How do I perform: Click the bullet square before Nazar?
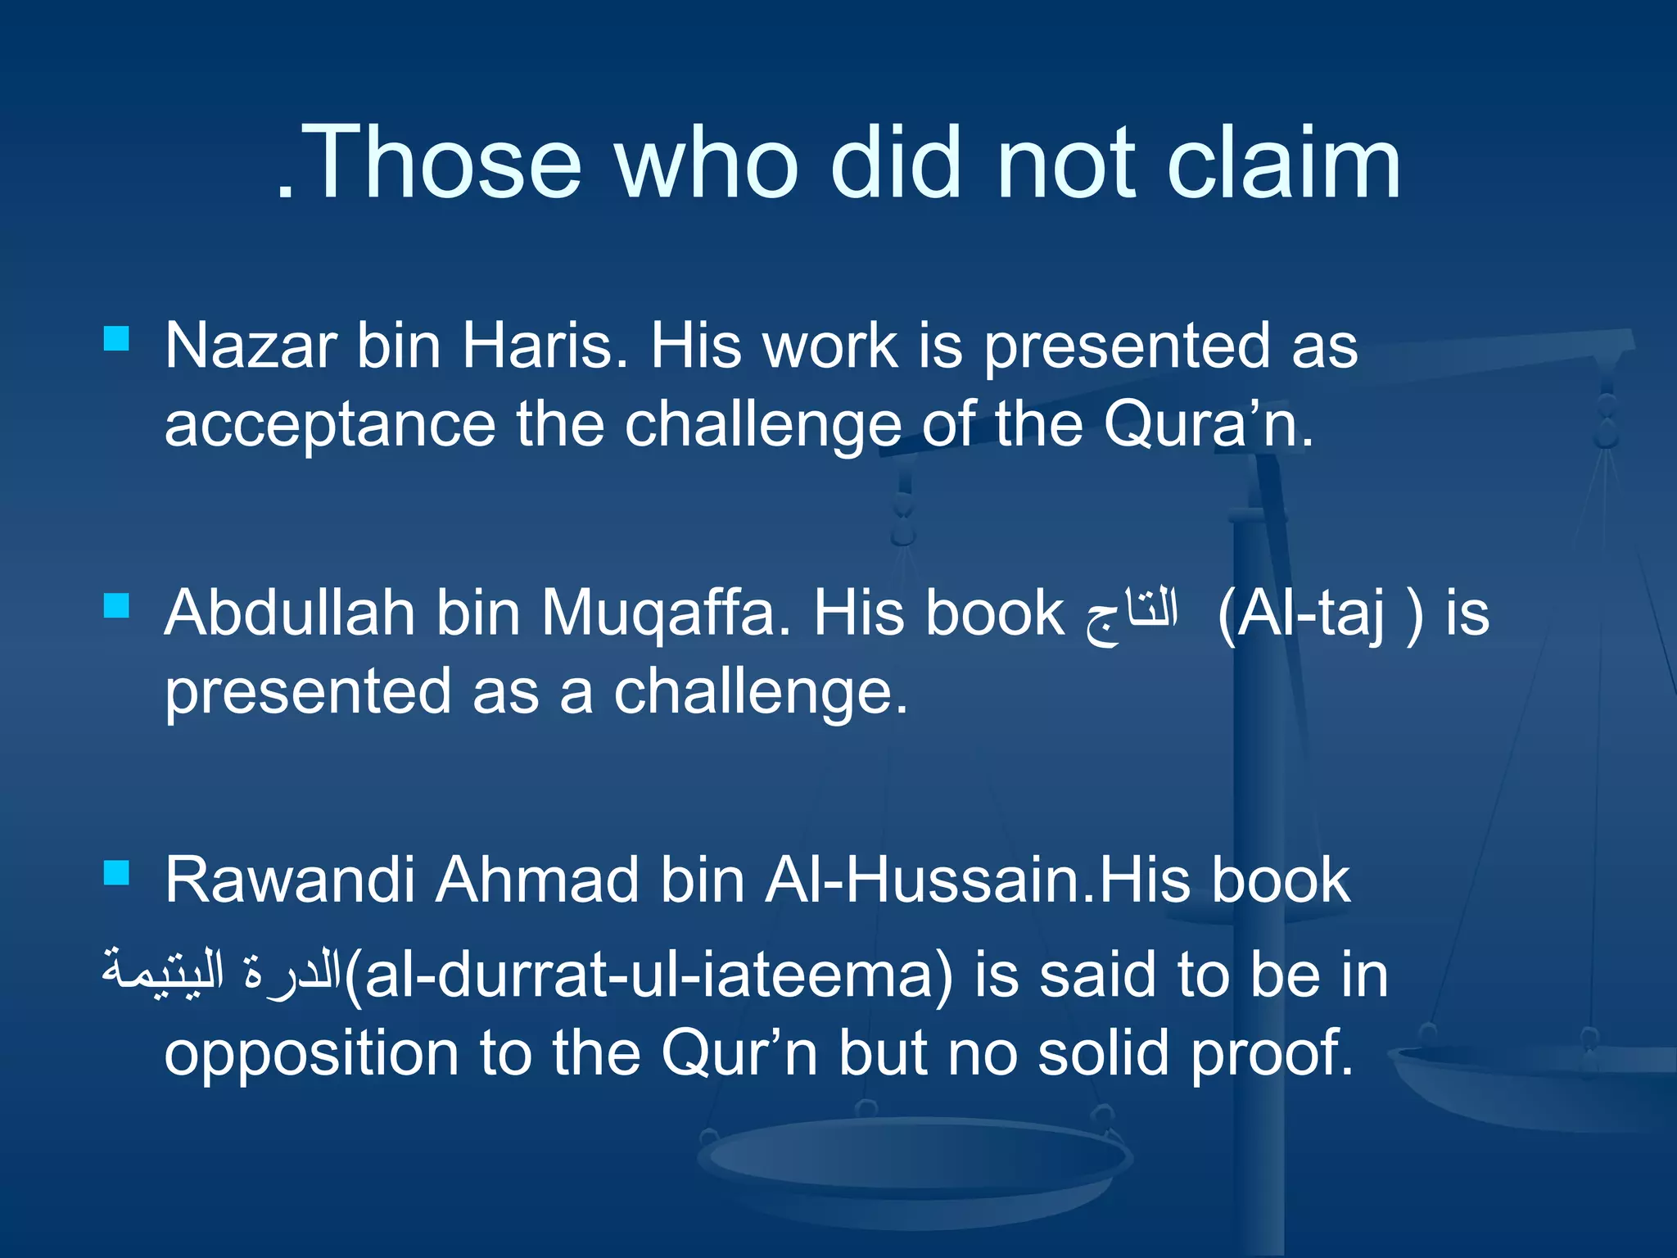(x=117, y=338)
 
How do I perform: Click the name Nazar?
(x=250, y=346)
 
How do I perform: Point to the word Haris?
(x=545, y=346)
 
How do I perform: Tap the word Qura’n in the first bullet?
(x=1208, y=424)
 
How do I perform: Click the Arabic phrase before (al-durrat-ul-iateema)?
(x=221, y=971)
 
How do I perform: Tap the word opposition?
(x=311, y=1057)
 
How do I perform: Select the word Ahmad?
(x=536, y=880)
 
